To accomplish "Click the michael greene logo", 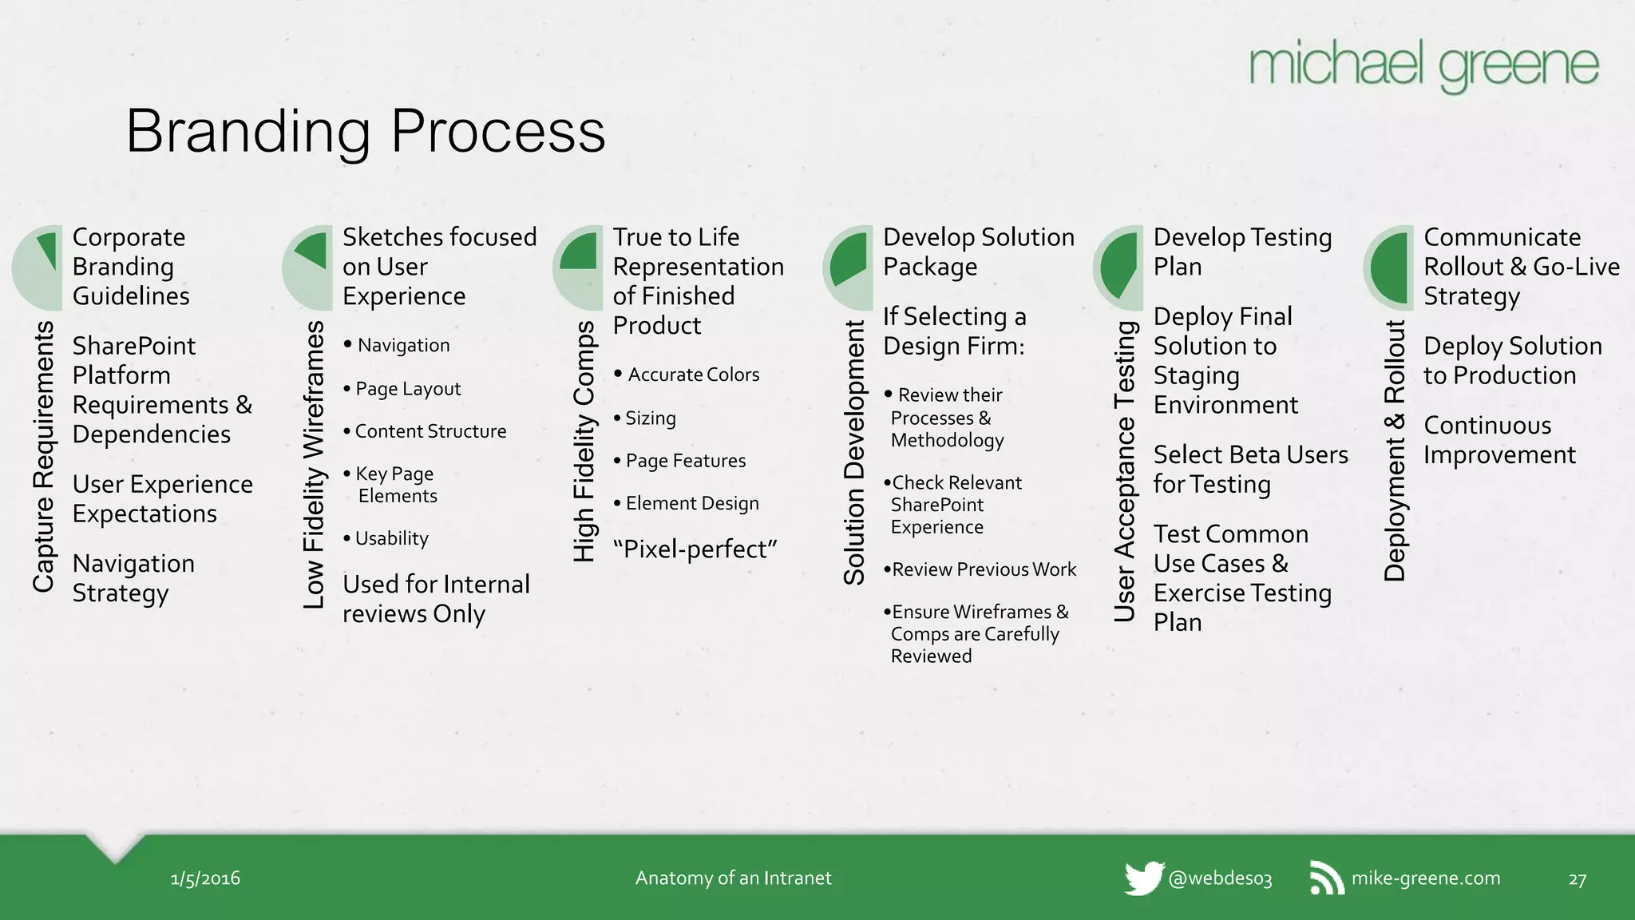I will click(x=1423, y=65).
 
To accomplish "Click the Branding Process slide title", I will click(x=366, y=131).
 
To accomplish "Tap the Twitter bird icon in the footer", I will click(x=1143, y=878).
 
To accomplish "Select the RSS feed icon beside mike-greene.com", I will click(x=1327, y=878).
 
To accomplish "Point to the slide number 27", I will click(x=1577, y=879).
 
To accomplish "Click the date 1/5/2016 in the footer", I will click(x=205, y=878).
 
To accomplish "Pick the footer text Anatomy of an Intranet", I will click(x=733, y=878).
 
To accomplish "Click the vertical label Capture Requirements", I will click(x=43, y=457).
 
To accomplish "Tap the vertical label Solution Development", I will click(x=854, y=452).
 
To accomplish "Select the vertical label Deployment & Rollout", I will click(x=1395, y=450).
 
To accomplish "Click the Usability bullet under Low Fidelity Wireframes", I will click(x=390, y=538).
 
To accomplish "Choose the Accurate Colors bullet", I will click(x=692, y=375).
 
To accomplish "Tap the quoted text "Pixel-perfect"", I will click(x=695, y=549).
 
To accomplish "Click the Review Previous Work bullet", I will click(x=983, y=569).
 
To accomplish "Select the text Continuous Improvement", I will click(x=1498, y=440).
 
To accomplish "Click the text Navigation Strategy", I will click(x=133, y=578).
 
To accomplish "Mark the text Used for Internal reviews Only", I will click(x=435, y=599).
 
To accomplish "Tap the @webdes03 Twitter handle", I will click(x=1219, y=878).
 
